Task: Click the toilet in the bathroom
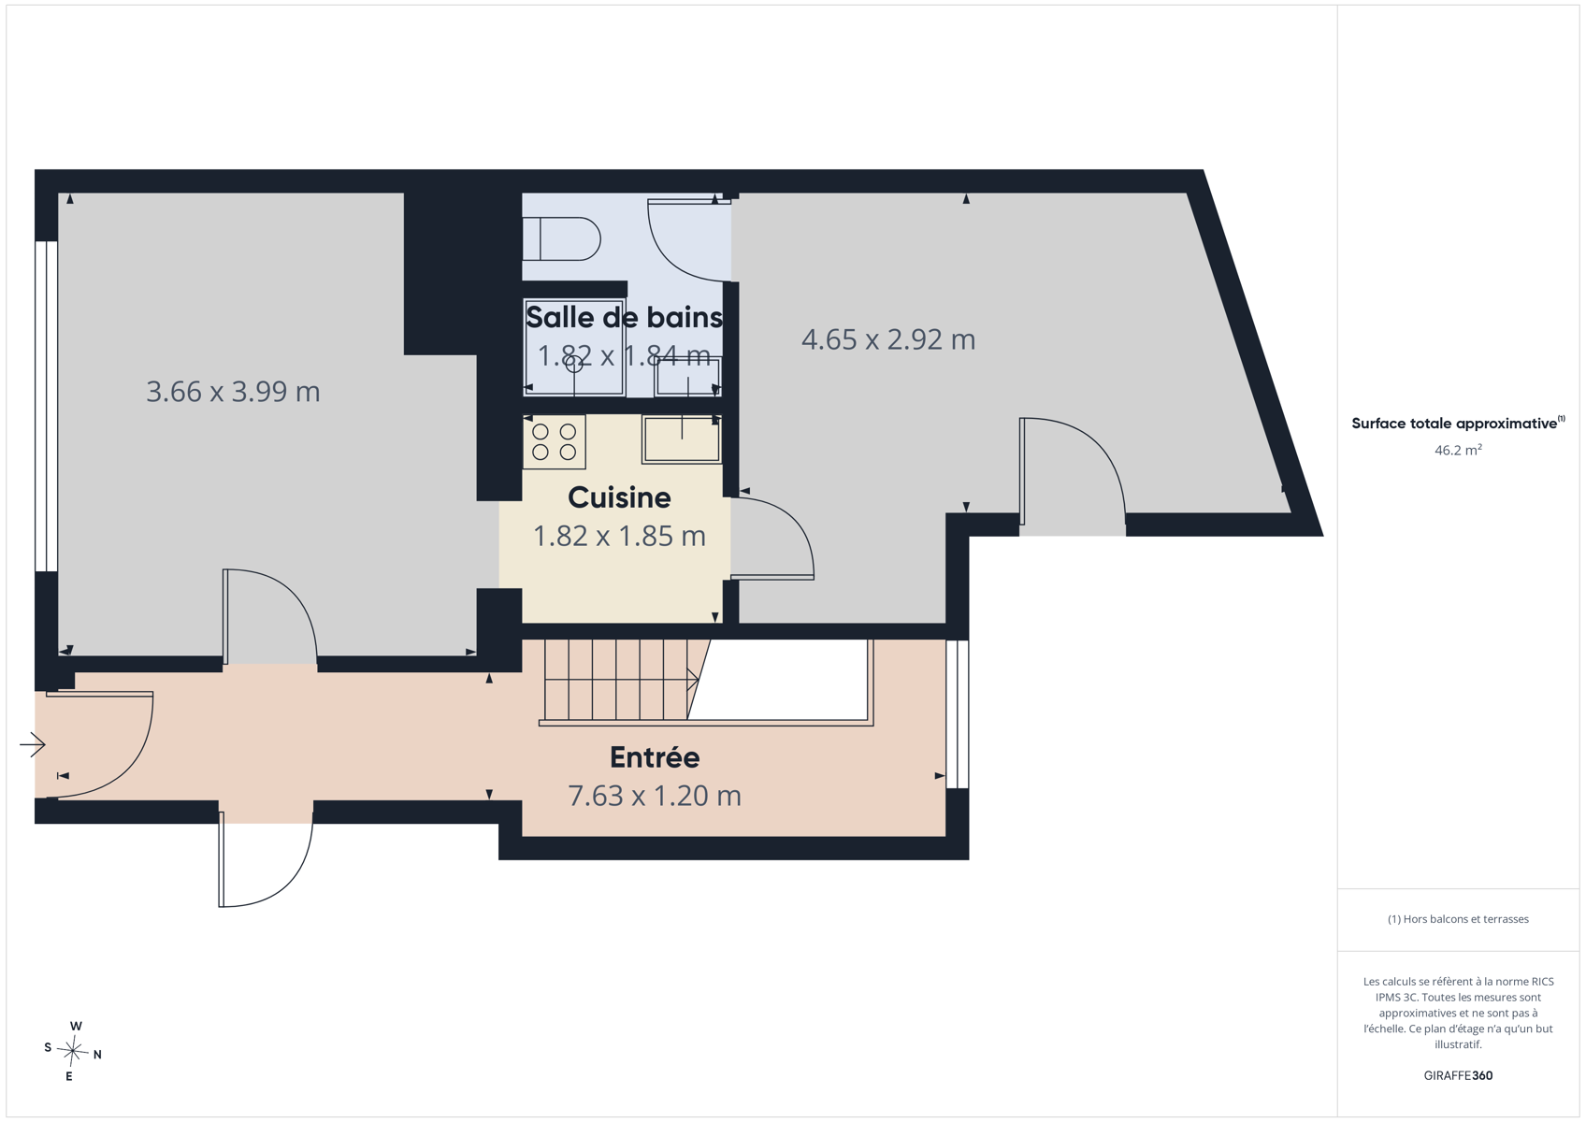pyautogui.click(x=561, y=238)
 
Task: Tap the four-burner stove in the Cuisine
pyautogui.click(x=555, y=441)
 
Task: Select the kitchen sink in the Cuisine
pyautogui.click(x=681, y=439)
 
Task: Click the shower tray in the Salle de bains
pyautogui.click(x=574, y=347)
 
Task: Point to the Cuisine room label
pyautogui.click(x=619, y=497)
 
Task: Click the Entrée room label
pyautogui.click(x=655, y=757)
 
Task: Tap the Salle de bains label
pyautogui.click(x=624, y=317)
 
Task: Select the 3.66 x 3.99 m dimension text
pyautogui.click(x=233, y=392)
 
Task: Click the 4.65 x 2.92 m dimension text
pyautogui.click(x=888, y=339)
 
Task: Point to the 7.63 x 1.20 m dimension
pyautogui.click(x=655, y=796)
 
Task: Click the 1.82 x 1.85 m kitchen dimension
pyautogui.click(x=619, y=536)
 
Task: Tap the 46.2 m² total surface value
pyautogui.click(x=1459, y=451)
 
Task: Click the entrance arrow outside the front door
pyautogui.click(x=33, y=744)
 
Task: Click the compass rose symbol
pyautogui.click(x=72, y=1051)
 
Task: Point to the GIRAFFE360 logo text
pyautogui.click(x=1459, y=1075)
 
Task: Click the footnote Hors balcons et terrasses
pyautogui.click(x=1459, y=919)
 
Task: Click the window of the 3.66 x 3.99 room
pyautogui.click(x=46, y=407)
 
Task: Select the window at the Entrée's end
pyautogui.click(x=958, y=713)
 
